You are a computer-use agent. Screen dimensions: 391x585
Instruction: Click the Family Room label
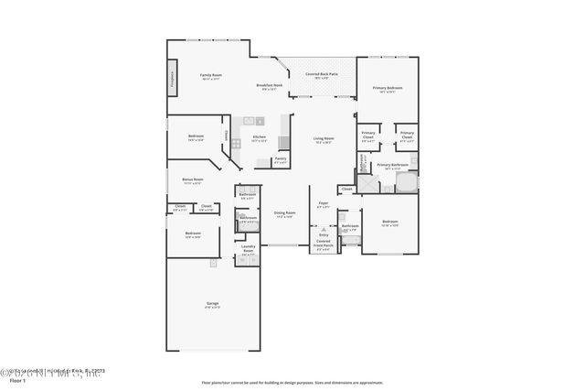tap(211, 75)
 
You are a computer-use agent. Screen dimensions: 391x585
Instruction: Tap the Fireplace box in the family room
tap(172, 78)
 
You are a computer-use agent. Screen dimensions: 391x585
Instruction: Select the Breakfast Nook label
tap(271, 85)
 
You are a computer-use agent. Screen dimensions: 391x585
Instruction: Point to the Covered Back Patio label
tap(315, 75)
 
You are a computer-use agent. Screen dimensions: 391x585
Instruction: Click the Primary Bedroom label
tap(388, 88)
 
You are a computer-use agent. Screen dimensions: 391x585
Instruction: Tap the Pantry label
tap(281, 161)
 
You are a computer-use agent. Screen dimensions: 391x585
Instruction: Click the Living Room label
tap(324, 139)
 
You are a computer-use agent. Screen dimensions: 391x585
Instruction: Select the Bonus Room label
tap(192, 179)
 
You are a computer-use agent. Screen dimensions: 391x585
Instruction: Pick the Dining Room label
tap(284, 214)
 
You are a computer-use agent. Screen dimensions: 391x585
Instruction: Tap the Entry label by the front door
tap(324, 234)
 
